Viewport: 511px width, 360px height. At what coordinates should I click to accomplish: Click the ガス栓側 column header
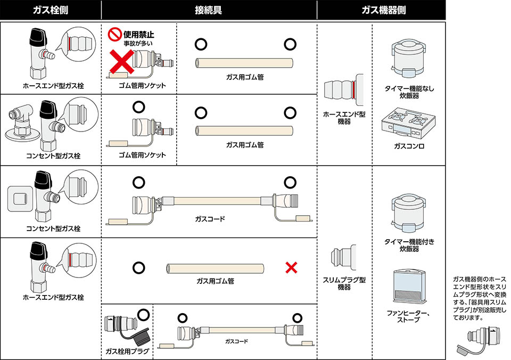50,10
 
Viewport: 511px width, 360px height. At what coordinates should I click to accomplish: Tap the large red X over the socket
121,62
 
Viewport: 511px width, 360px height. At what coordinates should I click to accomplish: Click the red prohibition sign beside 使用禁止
114,35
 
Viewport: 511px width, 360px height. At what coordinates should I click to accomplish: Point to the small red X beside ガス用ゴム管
291,267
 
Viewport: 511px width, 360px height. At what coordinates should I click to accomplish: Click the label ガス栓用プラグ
128,352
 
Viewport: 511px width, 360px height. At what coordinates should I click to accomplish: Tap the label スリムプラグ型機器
344,283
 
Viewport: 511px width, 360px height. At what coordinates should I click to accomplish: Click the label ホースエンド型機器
344,118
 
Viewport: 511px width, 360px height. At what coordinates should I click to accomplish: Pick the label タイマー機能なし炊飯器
409,92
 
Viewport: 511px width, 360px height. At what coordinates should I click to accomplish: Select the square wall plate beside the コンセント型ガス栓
19,199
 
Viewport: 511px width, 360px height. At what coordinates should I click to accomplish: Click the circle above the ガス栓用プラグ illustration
143,314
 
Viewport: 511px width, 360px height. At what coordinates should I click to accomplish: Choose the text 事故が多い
127,44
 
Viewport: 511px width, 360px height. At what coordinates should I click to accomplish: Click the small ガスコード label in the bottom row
236,341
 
